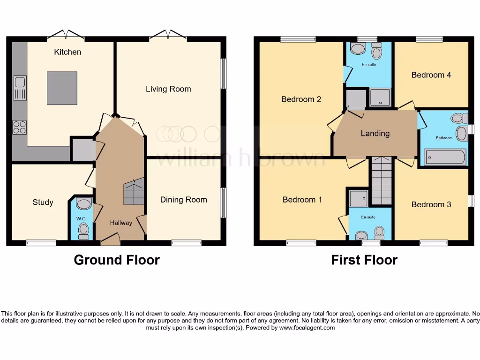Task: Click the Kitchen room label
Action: [x=67, y=52]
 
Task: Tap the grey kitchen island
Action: [x=61, y=88]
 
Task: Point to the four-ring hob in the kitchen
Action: [x=19, y=127]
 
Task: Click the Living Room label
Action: [x=168, y=89]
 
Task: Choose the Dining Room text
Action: [x=183, y=200]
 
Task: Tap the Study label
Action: [x=43, y=202]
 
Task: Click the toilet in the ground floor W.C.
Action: [x=83, y=230]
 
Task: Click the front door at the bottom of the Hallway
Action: [x=110, y=241]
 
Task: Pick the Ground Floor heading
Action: [x=117, y=260]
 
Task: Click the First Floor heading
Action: [x=364, y=260]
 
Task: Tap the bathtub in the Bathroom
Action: [x=445, y=157]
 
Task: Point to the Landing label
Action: [x=375, y=134]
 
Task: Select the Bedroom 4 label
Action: [x=431, y=75]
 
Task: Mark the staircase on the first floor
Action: [x=382, y=181]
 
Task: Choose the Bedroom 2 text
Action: [x=301, y=99]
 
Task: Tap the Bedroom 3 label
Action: [x=431, y=204]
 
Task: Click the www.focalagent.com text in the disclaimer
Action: [x=307, y=328]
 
